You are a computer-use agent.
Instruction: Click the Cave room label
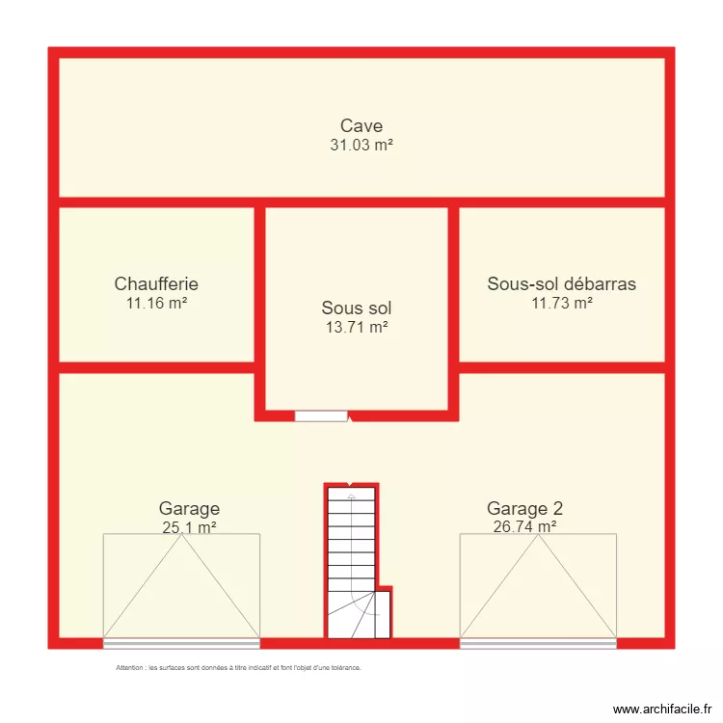(x=361, y=125)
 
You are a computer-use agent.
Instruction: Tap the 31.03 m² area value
(x=361, y=145)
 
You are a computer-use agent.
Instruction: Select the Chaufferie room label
(x=156, y=283)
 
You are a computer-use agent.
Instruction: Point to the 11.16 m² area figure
(x=156, y=303)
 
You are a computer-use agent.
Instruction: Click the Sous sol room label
(x=357, y=308)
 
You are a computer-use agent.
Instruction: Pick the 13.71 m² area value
(x=357, y=328)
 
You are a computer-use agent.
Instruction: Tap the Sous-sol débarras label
(x=561, y=283)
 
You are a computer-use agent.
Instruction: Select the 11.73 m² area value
(x=561, y=303)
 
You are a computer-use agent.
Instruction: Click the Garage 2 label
(x=524, y=508)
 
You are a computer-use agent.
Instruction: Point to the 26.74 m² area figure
(x=524, y=527)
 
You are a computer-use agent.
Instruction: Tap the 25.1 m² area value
(x=189, y=527)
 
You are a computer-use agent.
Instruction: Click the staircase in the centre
(x=351, y=559)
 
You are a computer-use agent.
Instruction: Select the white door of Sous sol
(x=321, y=416)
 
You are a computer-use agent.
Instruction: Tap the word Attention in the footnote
(x=129, y=667)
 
